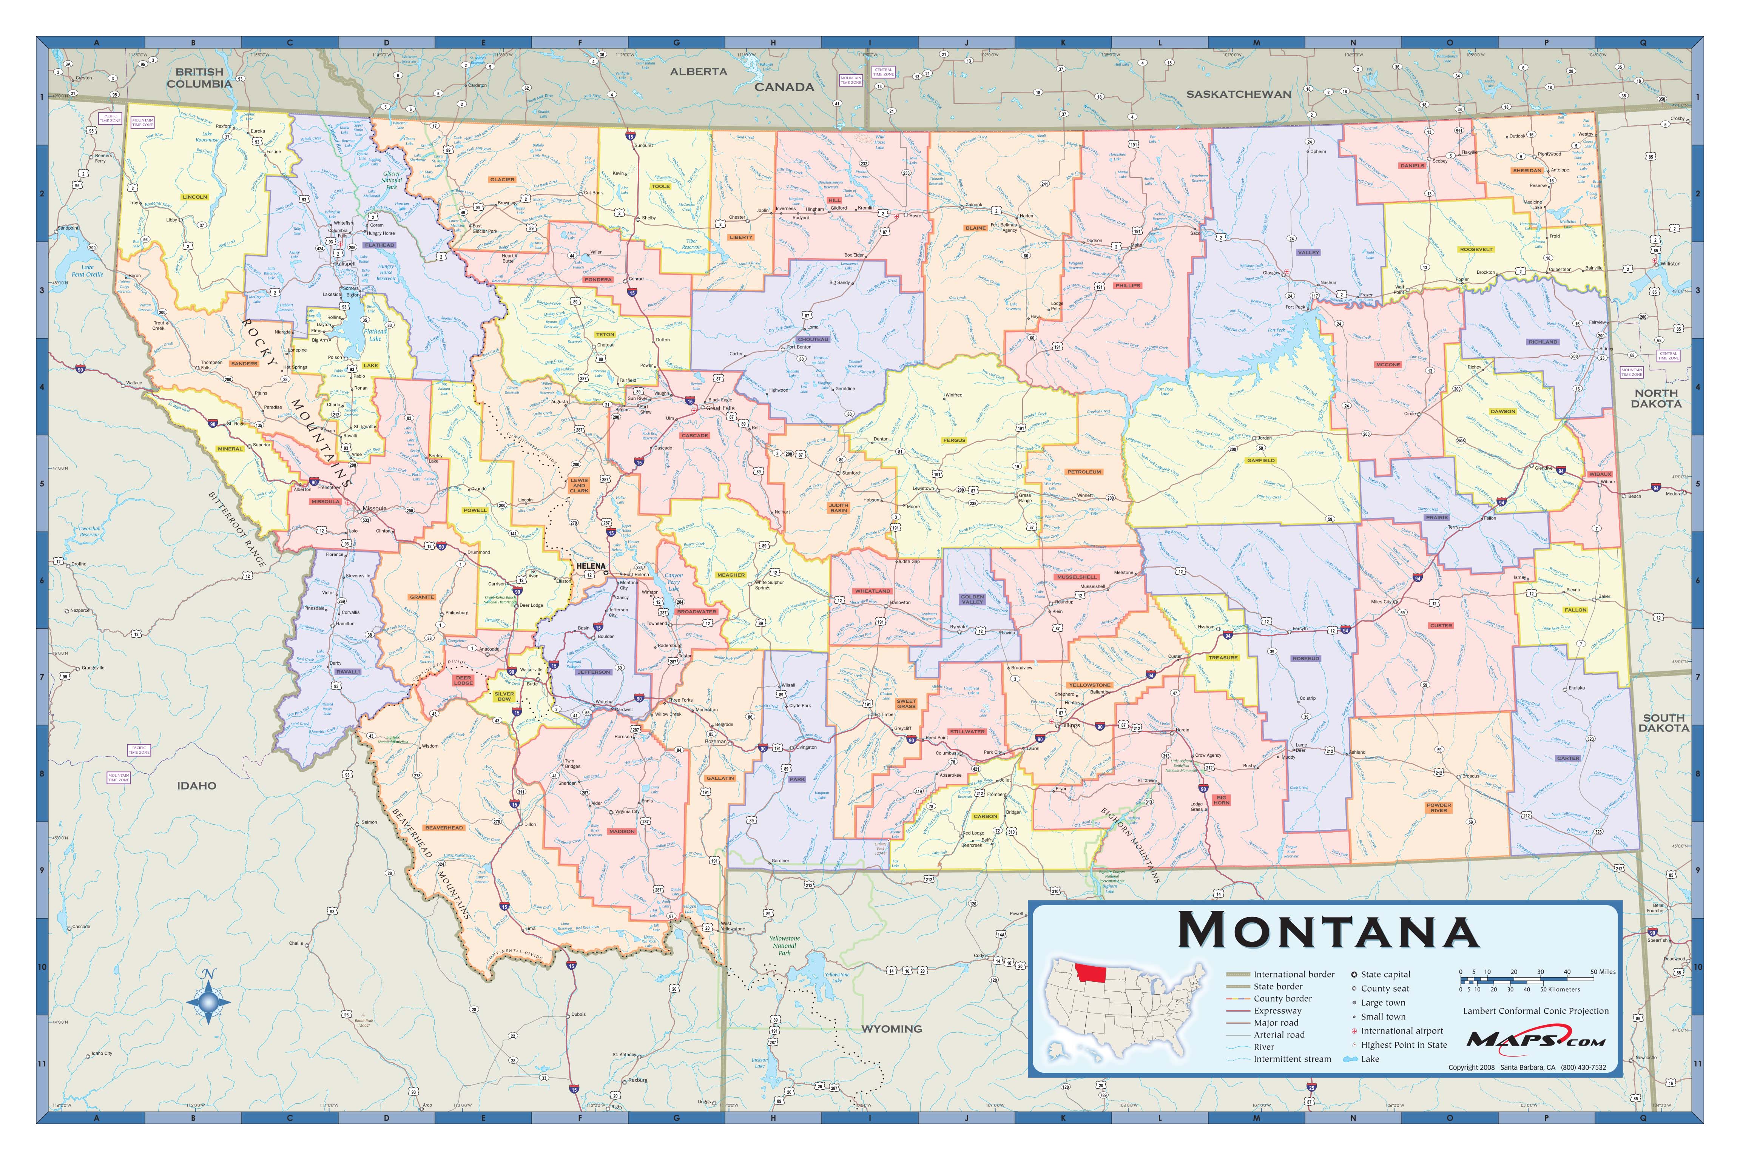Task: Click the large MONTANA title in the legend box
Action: point(1328,931)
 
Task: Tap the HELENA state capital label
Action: point(590,566)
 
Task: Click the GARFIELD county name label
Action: point(1260,460)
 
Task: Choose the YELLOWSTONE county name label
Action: point(1090,685)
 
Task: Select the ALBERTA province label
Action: point(698,72)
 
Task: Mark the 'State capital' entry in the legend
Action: point(1385,974)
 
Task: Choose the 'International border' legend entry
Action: point(1293,974)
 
